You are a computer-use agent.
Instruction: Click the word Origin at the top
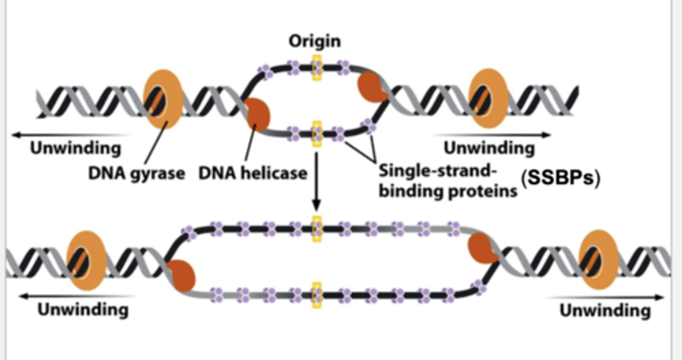tap(315, 41)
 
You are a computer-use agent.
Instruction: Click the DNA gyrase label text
tap(136, 173)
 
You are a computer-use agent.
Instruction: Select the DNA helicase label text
tap(252, 173)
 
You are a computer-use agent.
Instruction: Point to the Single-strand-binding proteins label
tap(448, 181)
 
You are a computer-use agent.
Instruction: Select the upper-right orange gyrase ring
tap(488, 98)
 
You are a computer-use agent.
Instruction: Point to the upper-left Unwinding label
tap(76, 148)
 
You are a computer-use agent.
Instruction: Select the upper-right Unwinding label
tap(489, 148)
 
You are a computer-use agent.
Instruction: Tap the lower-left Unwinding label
tap(83, 310)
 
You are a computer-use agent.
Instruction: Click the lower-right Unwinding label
tap(605, 311)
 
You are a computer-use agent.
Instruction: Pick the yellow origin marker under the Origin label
tap(316, 67)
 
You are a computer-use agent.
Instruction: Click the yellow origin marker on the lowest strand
tap(316, 295)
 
